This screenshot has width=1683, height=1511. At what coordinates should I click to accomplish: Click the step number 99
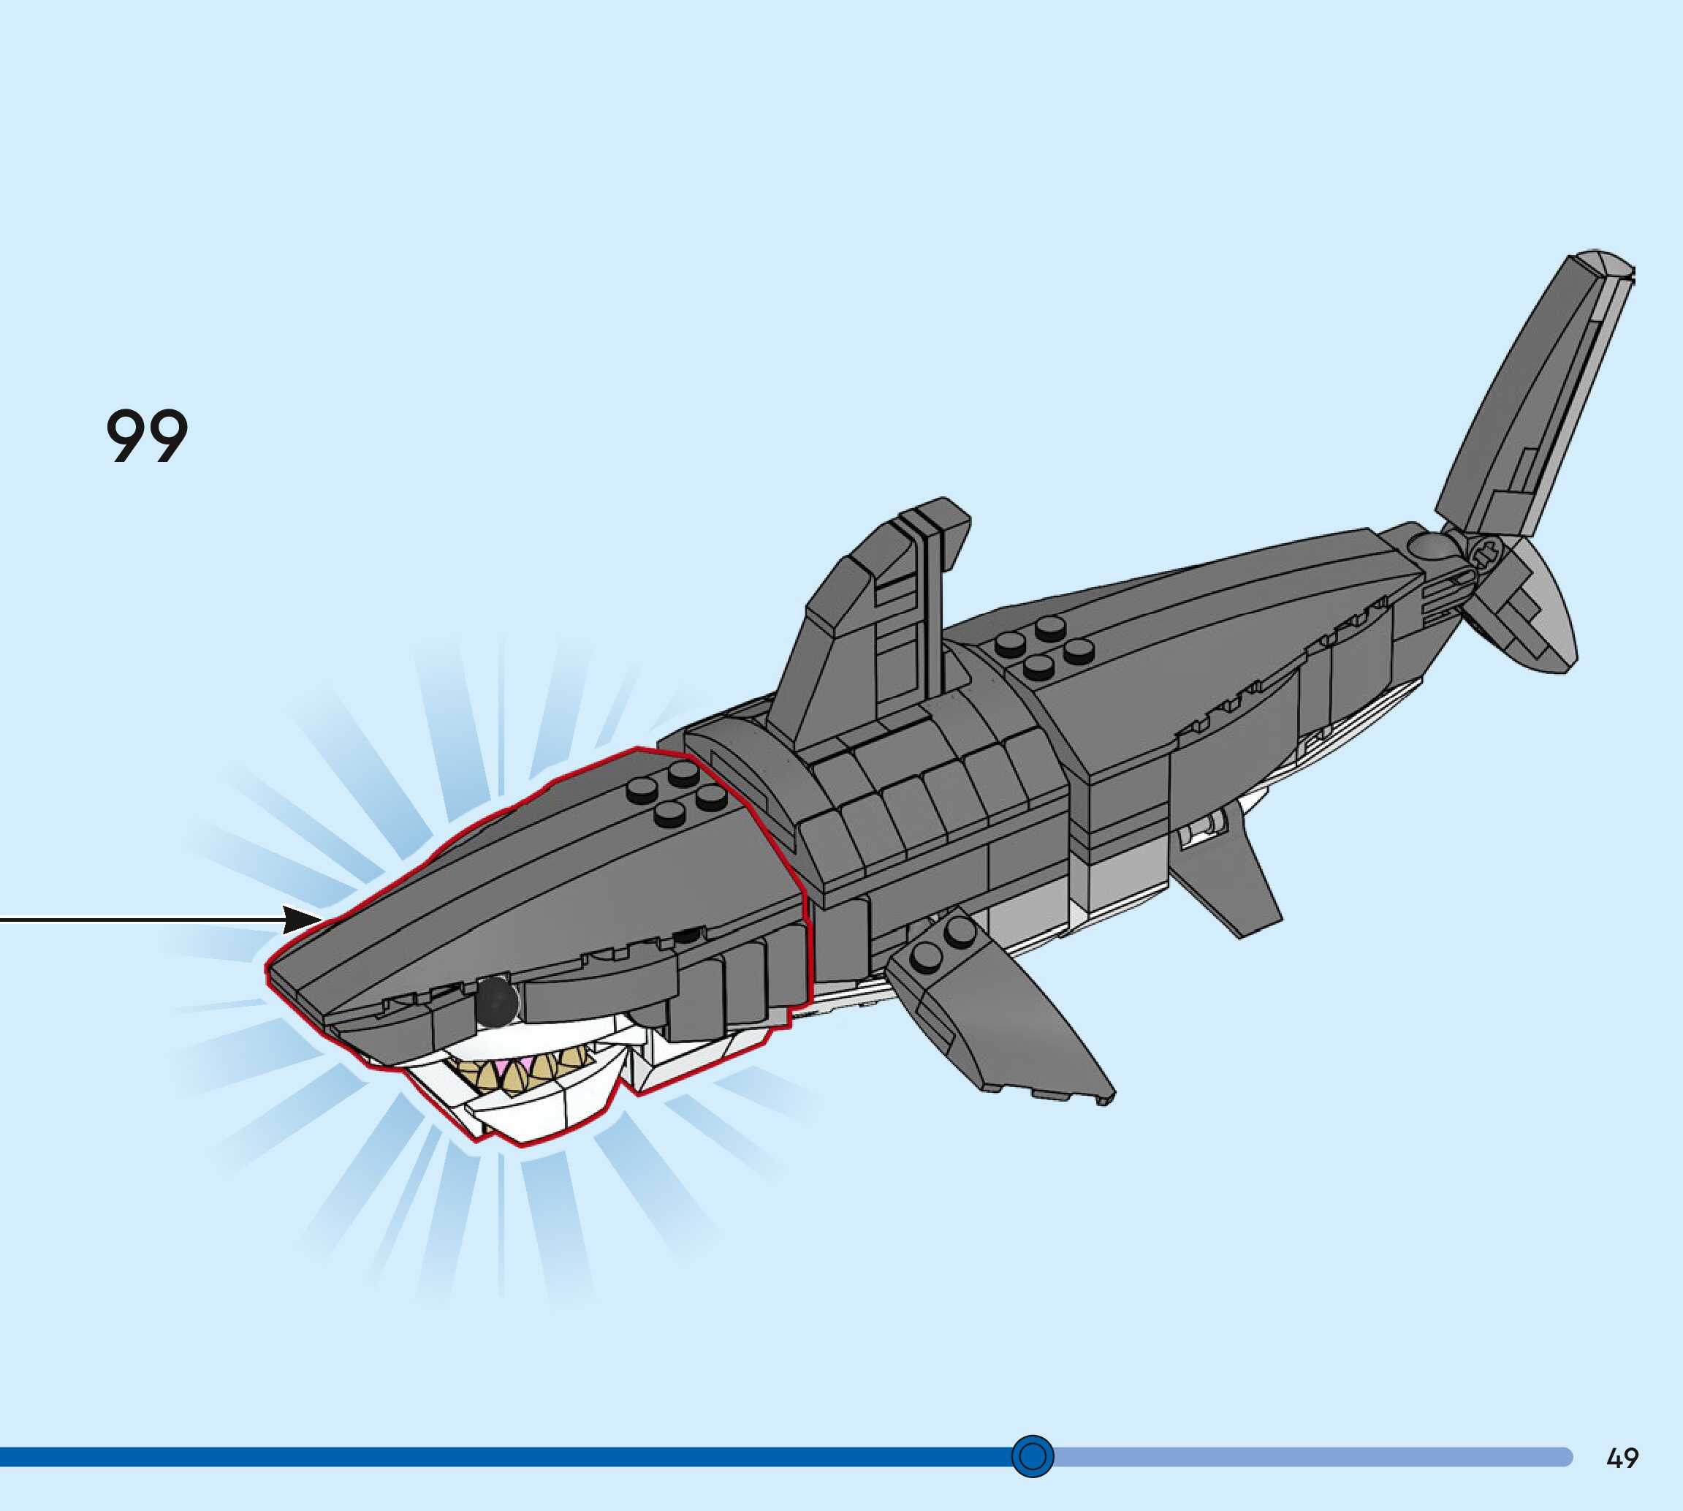[147, 435]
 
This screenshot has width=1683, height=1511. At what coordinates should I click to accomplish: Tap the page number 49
[1622, 1458]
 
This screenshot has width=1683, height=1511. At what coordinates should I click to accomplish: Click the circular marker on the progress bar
[1033, 1456]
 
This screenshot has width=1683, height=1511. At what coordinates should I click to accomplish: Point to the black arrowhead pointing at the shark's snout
[303, 920]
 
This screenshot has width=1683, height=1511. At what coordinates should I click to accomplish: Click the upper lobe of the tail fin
[1535, 398]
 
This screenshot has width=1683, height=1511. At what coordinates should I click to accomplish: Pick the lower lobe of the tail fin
[1527, 614]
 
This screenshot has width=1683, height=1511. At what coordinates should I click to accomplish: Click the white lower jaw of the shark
[539, 1113]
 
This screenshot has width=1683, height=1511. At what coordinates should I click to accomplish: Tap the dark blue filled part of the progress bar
[498, 1456]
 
